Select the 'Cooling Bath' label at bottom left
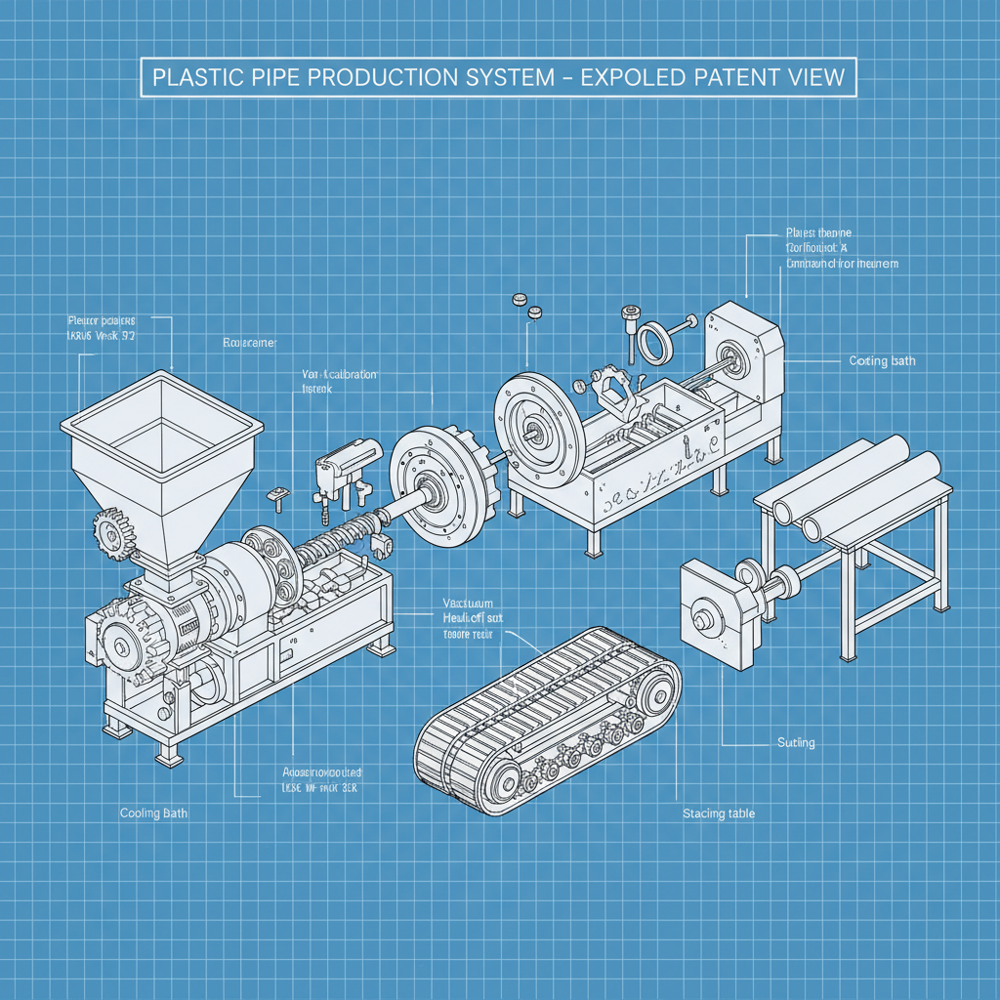coord(154,812)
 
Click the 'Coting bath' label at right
coord(882,361)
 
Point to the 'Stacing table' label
coord(719,813)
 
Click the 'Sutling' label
coord(796,743)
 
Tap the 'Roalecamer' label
coord(249,344)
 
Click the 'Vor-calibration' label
coord(339,375)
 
